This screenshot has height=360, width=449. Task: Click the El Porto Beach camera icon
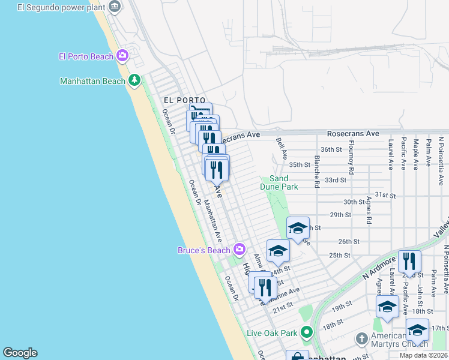(122, 56)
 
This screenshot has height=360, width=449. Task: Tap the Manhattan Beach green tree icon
(134, 80)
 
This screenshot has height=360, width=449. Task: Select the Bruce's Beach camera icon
(240, 249)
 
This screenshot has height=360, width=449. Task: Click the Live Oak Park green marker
(307, 332)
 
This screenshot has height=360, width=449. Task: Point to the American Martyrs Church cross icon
(361, 339)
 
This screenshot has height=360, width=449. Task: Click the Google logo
(20, 353)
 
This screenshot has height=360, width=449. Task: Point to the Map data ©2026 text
(422, 355)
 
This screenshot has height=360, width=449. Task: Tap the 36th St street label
(331, 149)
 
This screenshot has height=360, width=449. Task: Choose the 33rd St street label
(336, 180)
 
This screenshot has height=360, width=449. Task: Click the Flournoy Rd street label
(352, 162)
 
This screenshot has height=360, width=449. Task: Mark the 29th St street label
(340, 215)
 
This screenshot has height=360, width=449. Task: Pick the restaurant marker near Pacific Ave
(409, 262)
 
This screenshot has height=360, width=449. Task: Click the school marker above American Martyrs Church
(388, 307)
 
